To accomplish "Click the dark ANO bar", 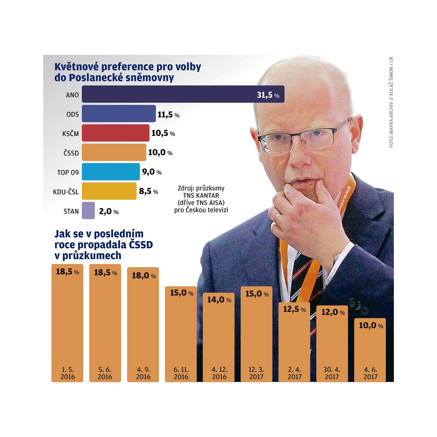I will click(169, 94).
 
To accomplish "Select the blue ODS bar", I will click(119, 114).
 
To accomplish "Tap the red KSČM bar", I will click(116, 133).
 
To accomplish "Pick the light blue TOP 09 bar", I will click(111, 172).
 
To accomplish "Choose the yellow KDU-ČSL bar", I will click(109, 191).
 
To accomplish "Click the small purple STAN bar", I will click(88, 211).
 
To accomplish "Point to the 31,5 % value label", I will click(268, 95).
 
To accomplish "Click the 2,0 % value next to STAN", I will click(108, 211).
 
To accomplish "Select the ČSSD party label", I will click(71, 153).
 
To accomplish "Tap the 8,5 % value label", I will click(148, 191).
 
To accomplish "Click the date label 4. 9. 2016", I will click(143, 373).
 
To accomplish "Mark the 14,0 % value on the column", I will click(219, 300).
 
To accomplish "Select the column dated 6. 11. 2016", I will click(181, 333).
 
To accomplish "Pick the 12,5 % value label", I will click(294, 309).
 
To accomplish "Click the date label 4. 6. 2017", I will click(370, 373).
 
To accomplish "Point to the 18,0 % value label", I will click(144, 276).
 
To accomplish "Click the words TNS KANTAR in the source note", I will click(201, 196).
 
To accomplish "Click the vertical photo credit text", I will click(391, 102).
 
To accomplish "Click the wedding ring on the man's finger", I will click(277, 217).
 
